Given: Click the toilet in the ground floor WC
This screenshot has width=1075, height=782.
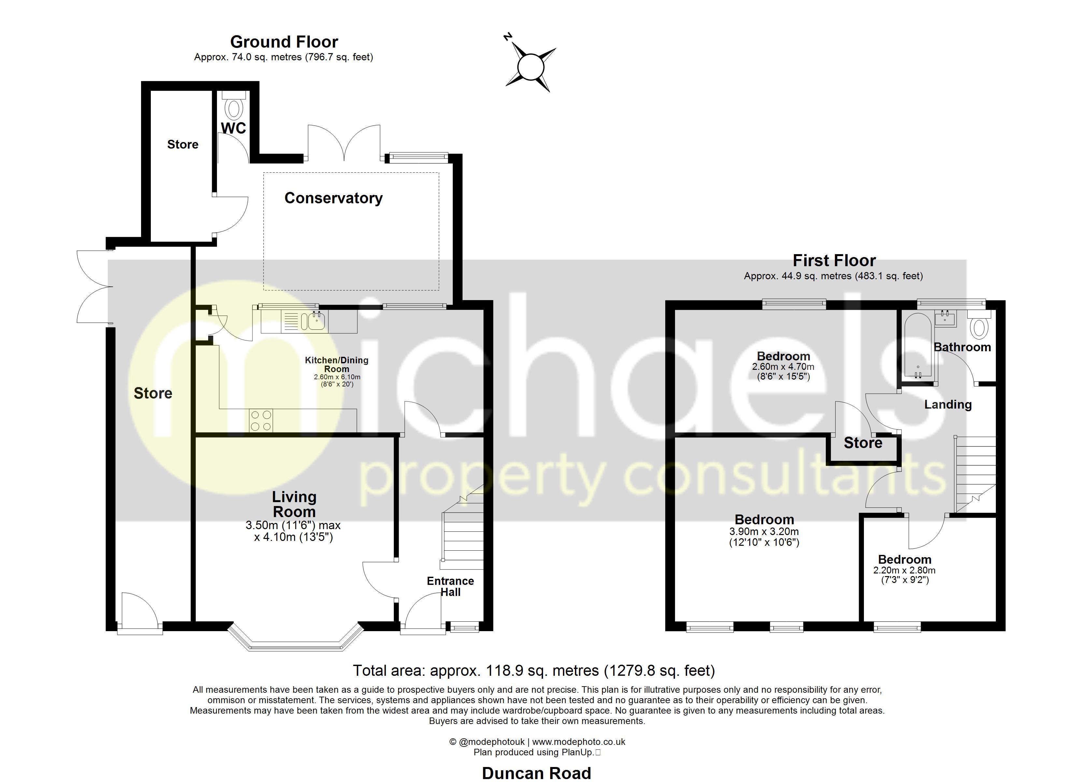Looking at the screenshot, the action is [x=234, y=104].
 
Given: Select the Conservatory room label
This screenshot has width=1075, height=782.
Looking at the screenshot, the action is [x=333, y=198].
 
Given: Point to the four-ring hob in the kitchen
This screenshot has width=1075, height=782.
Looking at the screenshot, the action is [x=261, y=421].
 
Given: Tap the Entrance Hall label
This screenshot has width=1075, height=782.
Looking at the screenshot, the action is [x=450, y=586].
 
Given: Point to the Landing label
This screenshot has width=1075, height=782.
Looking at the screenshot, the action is [x=948, y=404].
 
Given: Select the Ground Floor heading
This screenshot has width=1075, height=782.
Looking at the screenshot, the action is [x=284, y=42].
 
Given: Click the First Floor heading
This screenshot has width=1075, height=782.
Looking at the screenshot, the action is [x=834, y=260].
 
